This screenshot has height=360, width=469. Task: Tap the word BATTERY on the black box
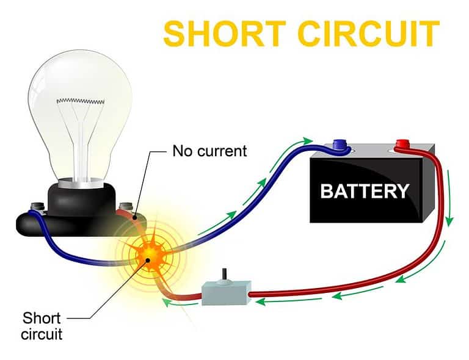(x=364, y=191)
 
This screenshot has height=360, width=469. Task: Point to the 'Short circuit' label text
(x=42, y=325)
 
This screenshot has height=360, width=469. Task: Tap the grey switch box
(x=226, y=293)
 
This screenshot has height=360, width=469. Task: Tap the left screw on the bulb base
(x=35, y=208)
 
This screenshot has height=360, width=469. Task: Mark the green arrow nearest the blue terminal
(x=308, y=142)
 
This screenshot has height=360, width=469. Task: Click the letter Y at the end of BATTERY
(x=401, y=191)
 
